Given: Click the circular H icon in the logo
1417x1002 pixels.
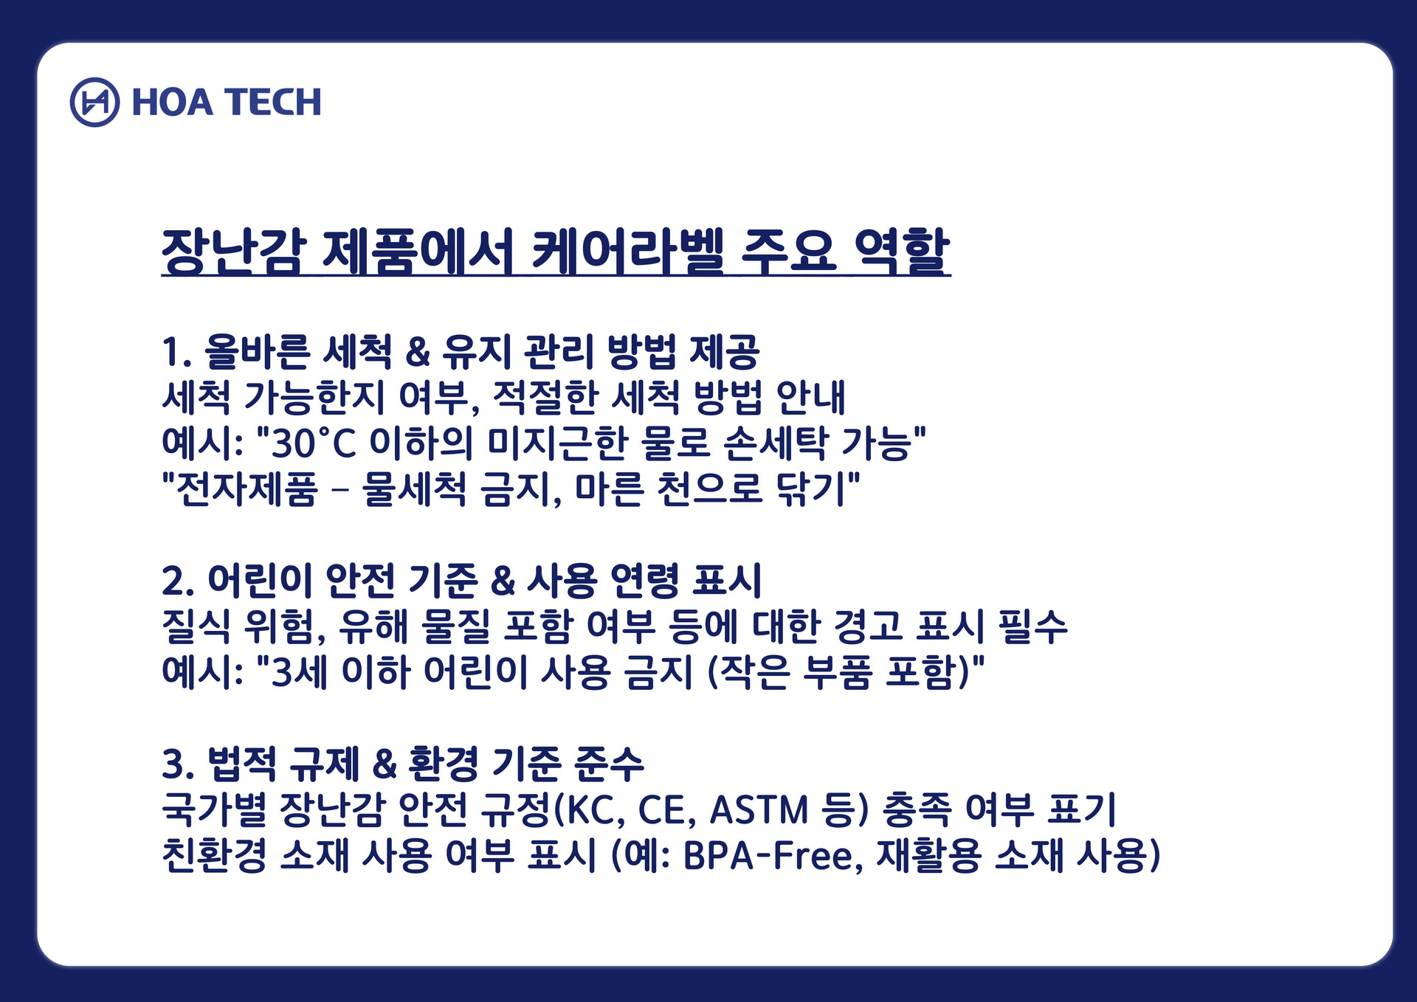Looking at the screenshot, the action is [94, 102].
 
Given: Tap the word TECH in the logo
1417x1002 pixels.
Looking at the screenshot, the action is [274, 103].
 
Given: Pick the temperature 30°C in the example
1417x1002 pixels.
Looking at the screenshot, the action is [314, 443].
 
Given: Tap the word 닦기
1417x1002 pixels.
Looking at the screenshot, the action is [810, 489].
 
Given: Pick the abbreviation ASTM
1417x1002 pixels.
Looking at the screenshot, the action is [759, 809].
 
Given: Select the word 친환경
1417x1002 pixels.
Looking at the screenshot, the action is [215, 855].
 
